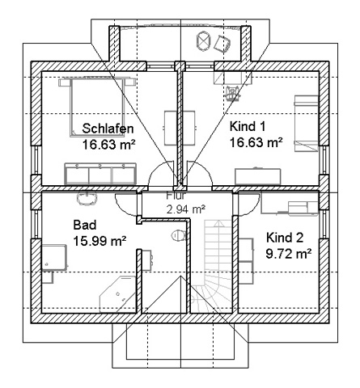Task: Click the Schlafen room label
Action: (x=108, y=129)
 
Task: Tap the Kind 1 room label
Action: (x=248, y=126)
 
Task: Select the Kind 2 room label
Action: (x=285, y=238)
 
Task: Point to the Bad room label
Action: (x=85, y=225)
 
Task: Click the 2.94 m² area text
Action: (x=186, y=209)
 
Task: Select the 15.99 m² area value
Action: (x=100, y=241)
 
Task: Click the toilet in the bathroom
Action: (x=178, y=235)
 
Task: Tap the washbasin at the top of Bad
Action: (x=87, y=199)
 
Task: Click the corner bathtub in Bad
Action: (x=117, y=294)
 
